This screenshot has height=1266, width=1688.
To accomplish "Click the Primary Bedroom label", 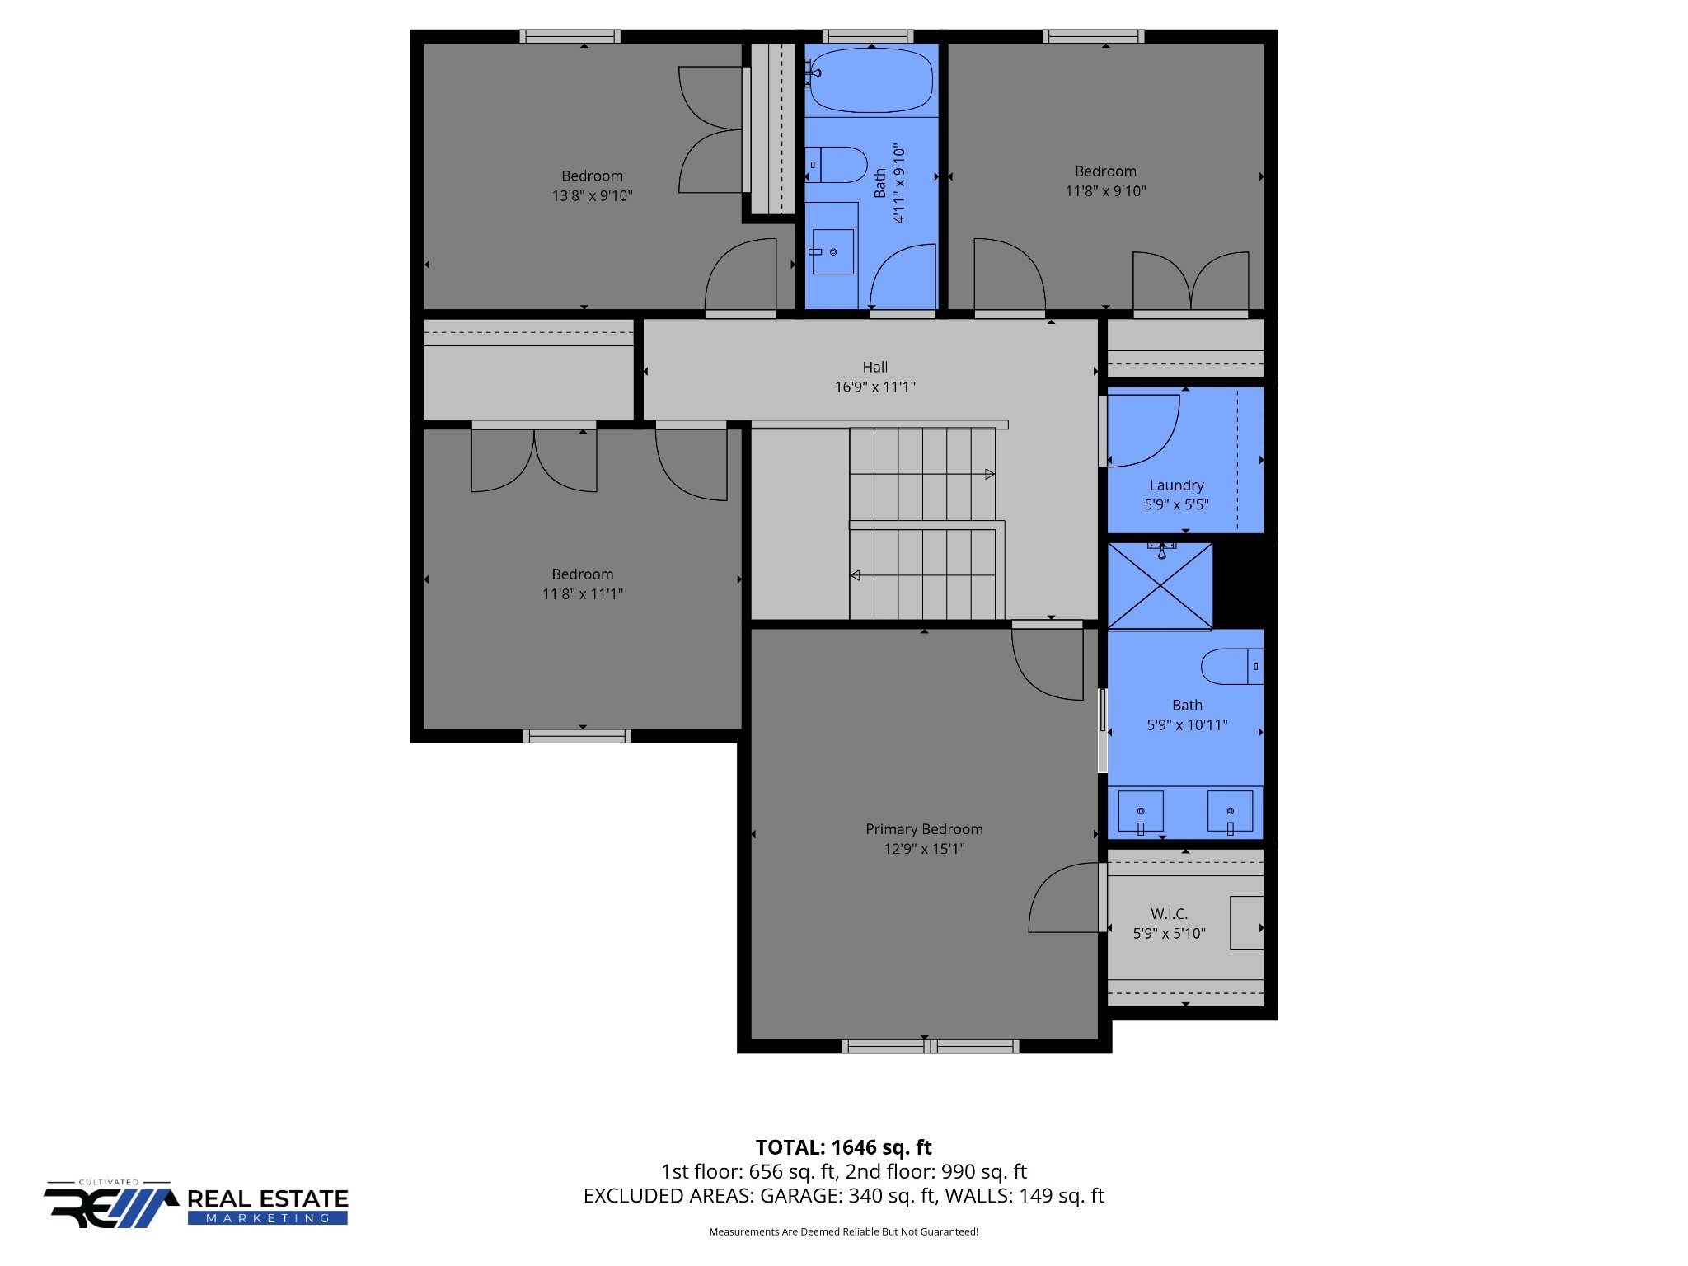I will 924,829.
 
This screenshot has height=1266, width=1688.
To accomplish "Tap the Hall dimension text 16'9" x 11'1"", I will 874,387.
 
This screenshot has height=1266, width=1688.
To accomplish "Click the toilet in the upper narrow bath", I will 837,165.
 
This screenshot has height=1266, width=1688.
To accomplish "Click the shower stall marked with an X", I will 1160,586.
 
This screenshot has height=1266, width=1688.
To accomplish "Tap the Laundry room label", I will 1176,485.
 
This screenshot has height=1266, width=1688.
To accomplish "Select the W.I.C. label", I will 1169,914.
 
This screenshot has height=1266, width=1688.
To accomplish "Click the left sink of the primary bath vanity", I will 1141,812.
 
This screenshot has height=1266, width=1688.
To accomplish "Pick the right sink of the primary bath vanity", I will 1230,812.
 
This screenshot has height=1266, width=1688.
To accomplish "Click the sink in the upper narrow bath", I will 832,251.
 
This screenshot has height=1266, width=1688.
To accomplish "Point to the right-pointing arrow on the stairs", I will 989,474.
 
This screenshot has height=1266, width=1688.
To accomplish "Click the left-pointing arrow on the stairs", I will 856,575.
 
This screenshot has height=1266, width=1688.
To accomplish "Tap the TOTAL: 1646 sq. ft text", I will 843,1147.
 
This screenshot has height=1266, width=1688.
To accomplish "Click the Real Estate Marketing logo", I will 196,1206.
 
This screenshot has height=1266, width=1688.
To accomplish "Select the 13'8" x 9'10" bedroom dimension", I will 592,196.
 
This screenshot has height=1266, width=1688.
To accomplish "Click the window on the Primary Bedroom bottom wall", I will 930,1046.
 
